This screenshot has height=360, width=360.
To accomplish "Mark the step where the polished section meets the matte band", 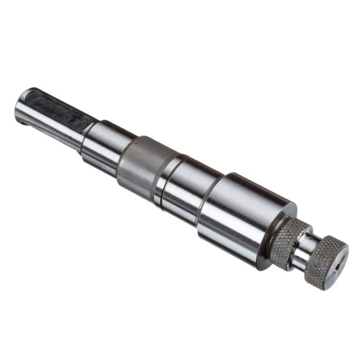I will pyautogui.click(x=123, y=157).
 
